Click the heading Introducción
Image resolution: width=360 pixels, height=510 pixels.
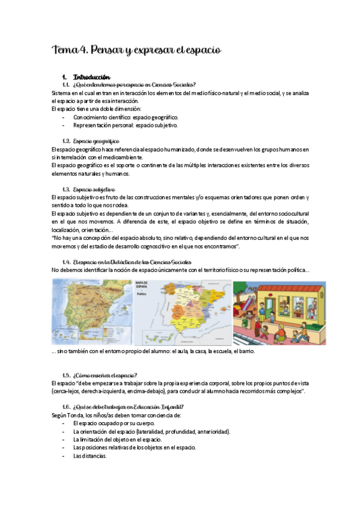pos(91,77)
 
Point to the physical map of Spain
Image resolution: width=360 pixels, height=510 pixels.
pos(93,312)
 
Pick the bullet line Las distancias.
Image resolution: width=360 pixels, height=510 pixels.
pos(90,455)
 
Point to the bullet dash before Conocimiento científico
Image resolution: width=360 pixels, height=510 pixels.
pos(64,117)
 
